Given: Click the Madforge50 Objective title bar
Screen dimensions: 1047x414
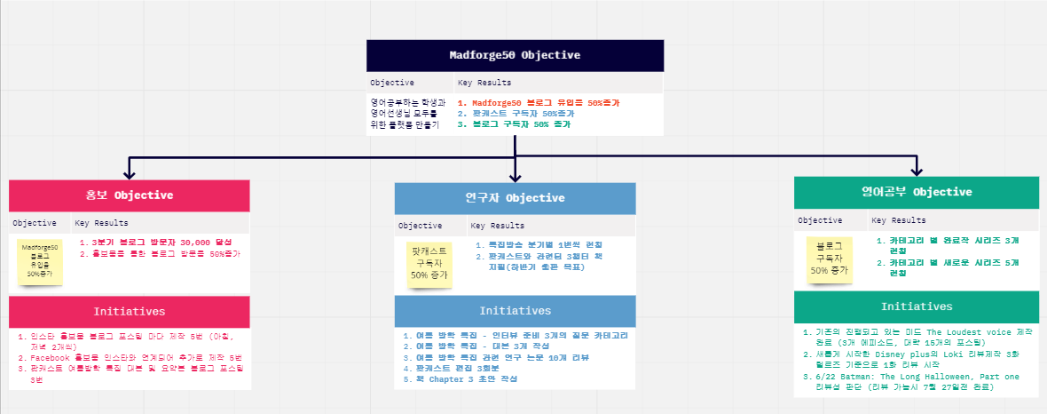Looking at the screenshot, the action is pos(515,55).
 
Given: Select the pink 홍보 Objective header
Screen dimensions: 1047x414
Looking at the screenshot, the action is pos(130,195).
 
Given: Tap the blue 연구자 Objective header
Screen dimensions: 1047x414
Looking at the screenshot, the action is pos(515,198).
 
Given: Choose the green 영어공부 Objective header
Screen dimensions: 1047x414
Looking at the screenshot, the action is pos(917,192).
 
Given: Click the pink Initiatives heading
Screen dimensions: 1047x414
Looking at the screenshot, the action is pos(130,312).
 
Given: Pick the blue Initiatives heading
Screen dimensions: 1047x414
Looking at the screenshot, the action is pos(515,311).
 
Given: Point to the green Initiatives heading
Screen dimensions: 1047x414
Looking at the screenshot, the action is pos(917,307).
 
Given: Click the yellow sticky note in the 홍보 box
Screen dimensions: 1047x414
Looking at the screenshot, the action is pos(40,261).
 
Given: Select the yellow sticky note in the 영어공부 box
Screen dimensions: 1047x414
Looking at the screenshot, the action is pos(828,259).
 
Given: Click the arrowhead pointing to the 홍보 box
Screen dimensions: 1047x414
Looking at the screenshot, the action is pos(130,173).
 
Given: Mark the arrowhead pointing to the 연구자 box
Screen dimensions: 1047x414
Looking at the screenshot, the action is pos(516,176).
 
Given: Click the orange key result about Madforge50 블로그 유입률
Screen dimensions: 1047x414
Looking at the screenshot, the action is pos(539,103).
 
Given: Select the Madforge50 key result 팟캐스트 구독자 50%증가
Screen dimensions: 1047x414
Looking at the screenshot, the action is pos(516,114).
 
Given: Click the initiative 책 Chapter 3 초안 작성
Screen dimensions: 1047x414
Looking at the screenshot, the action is pos(460,378).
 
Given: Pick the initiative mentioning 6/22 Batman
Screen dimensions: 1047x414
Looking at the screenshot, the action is pos(917,380).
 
